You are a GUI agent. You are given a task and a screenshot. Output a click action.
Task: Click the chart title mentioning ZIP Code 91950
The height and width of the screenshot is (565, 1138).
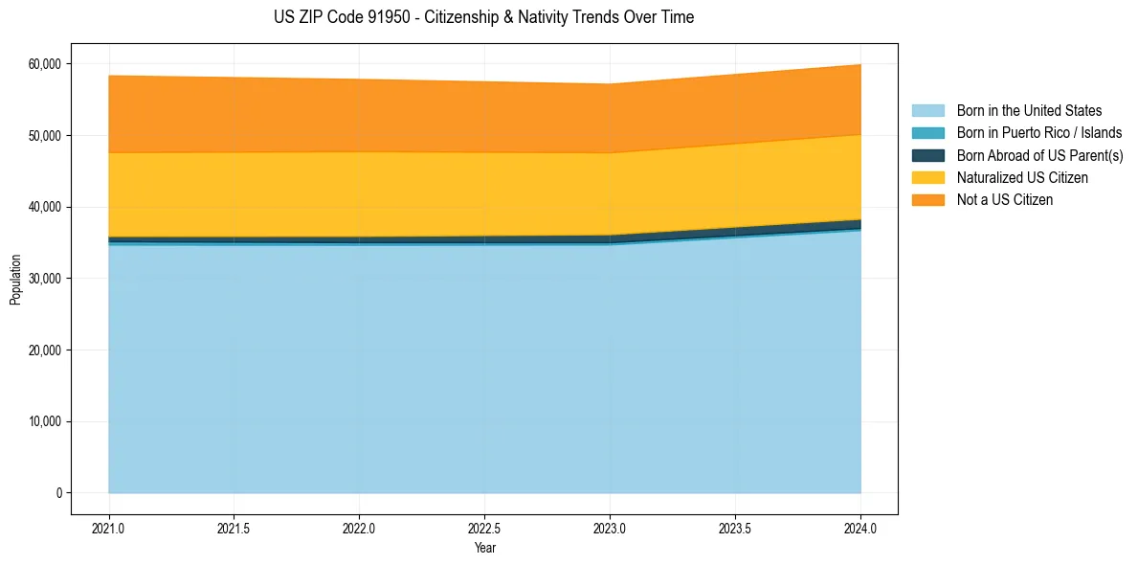483,17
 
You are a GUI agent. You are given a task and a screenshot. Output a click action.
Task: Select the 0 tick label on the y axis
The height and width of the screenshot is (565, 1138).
58,493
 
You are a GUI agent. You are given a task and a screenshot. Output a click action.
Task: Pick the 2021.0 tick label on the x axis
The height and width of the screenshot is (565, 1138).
108,528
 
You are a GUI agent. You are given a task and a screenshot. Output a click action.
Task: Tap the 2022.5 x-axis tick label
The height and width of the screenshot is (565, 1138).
484,528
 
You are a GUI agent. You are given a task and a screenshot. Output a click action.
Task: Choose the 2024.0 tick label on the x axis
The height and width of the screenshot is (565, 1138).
860,528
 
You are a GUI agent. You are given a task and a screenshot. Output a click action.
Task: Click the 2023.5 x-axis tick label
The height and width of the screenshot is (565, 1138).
735,528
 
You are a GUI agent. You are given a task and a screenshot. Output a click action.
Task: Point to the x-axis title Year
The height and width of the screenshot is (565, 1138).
484,548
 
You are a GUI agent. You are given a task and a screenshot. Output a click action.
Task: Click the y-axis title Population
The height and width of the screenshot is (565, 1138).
15,279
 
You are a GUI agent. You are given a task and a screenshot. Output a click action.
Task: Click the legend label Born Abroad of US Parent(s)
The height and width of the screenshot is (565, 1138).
1039,155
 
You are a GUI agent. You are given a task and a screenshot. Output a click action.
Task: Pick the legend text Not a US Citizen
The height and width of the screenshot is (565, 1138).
1005,200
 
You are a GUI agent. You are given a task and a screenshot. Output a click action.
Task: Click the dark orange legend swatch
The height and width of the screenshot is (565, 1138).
927,200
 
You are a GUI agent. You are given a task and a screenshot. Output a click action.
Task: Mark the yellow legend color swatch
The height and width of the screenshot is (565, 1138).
927,178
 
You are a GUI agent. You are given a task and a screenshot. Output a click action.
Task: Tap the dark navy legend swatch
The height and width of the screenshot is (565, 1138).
927,155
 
